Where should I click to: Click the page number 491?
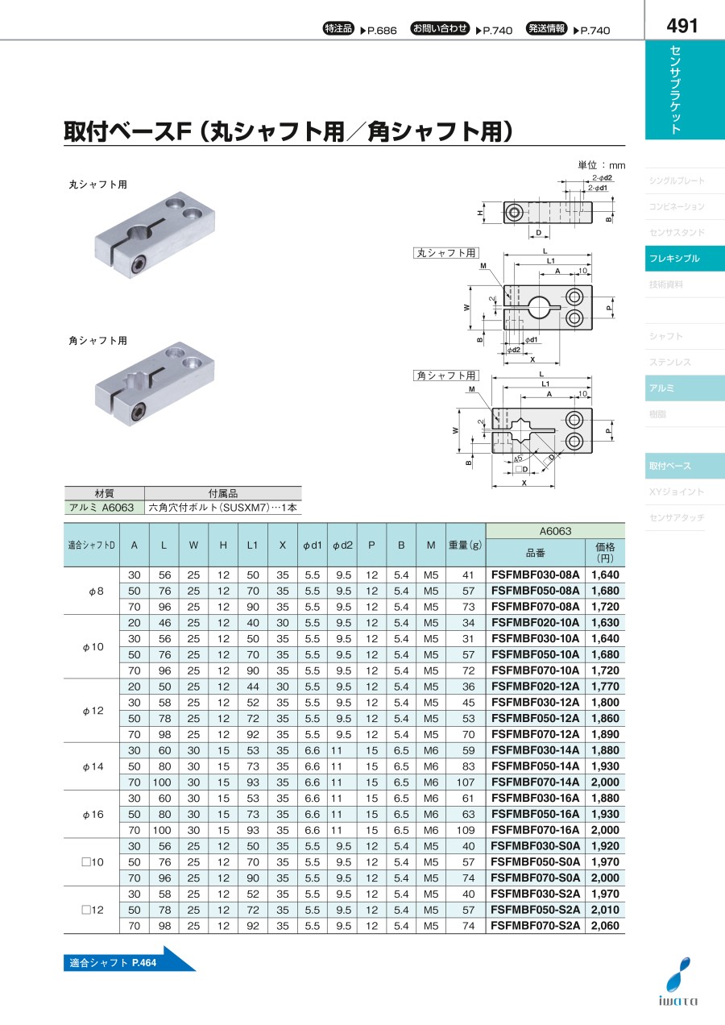pos(682,26)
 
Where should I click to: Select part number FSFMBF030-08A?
pos(535,575)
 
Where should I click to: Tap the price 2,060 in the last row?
pos(605,926)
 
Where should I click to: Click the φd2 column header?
pos(342,545)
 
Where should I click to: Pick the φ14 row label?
pos(93,766)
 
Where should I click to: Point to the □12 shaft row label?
pos(93,910)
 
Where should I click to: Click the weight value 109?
pos(465,830)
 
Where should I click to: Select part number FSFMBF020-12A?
pos(535,687)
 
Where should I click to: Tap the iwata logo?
pos(678,982)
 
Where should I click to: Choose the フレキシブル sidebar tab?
pos(685,259)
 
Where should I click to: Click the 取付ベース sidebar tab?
pos(685,466)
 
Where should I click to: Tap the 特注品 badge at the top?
pos(338,28)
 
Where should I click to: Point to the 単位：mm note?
pos(601,165)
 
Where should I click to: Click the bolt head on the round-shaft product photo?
pos(138,265)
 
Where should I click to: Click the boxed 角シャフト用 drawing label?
pos(446,376)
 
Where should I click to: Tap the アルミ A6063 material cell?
pos(101,508)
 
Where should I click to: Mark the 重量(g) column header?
pos(465,545)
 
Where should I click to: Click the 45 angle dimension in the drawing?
pos(517,458)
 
